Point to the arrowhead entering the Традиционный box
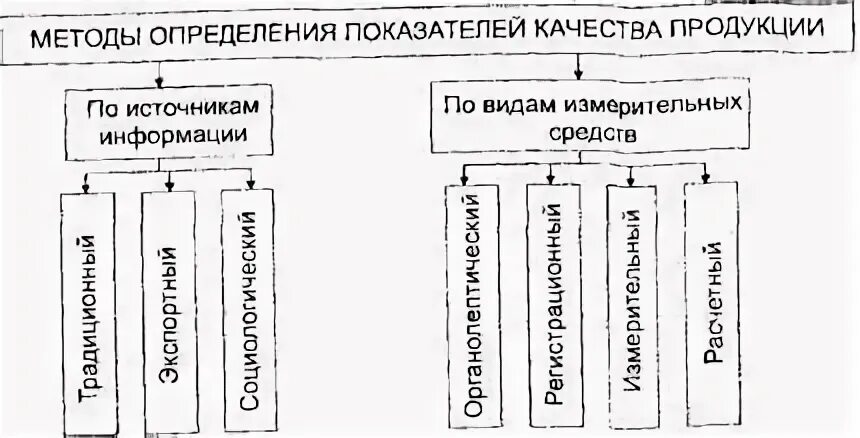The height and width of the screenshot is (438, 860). click(87, 187)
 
